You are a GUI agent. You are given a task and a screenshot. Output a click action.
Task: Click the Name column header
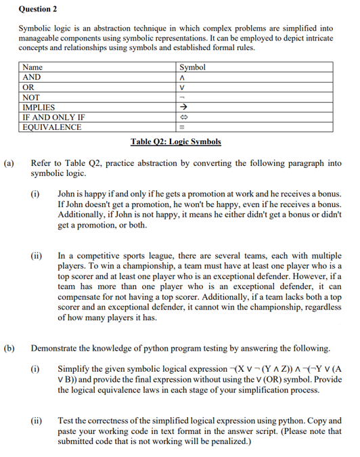tap(32, 68)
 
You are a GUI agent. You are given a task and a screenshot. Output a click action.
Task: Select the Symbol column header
tap(192, 68)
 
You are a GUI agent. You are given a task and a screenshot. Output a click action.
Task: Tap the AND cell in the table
tap(32, 78)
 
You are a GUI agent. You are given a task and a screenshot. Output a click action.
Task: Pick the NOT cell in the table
tap(32, 97)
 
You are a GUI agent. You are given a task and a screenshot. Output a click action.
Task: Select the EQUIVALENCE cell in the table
tap(49, 127)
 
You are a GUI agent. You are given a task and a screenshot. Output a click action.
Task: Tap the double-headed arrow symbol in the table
tap(181, 117)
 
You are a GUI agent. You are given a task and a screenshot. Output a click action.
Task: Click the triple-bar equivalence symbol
tap(181, 127)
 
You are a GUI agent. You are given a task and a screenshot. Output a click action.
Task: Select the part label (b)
tap(9, 349)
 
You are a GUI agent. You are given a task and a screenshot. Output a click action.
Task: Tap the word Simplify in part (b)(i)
tap(75, 369)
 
